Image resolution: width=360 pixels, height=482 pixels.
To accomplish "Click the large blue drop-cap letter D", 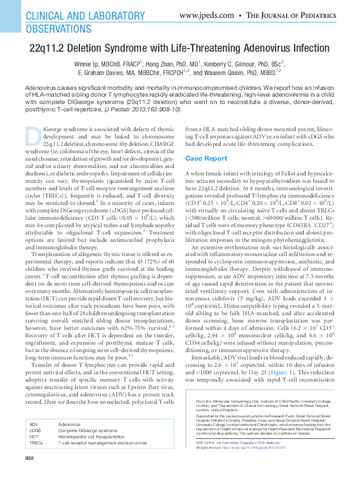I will tap(34, 137).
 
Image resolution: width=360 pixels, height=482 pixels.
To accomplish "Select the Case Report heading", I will tap(207, 158).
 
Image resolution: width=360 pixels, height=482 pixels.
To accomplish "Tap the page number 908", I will tap(30, 475).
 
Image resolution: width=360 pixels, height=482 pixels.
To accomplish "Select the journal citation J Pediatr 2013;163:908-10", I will tap(143, 109).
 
